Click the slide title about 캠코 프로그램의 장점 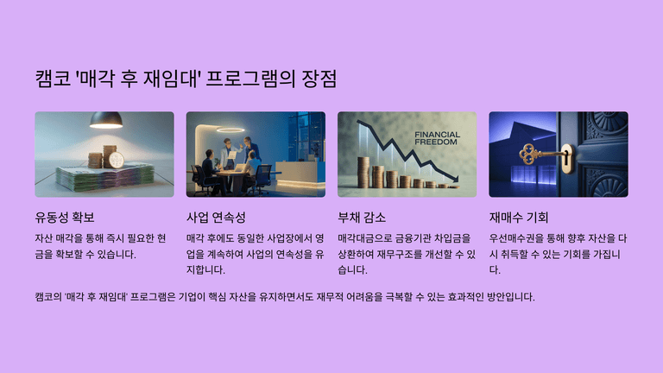click(186, 79)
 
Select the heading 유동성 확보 click(65, 218)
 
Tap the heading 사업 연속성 click(216, 218)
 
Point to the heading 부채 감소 click(362, 218)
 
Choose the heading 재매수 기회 click(519, 218)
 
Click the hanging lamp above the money click(106, 120)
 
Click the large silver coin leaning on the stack click(116, 161)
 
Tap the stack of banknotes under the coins click(105, 178)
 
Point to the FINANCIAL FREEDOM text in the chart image click(437, 138)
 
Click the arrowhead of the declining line click(455, 179)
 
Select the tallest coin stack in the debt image click(363, 172)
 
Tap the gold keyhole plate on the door click(568, 158)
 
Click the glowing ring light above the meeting click(230, 130)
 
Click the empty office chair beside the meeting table click(262, 179)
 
